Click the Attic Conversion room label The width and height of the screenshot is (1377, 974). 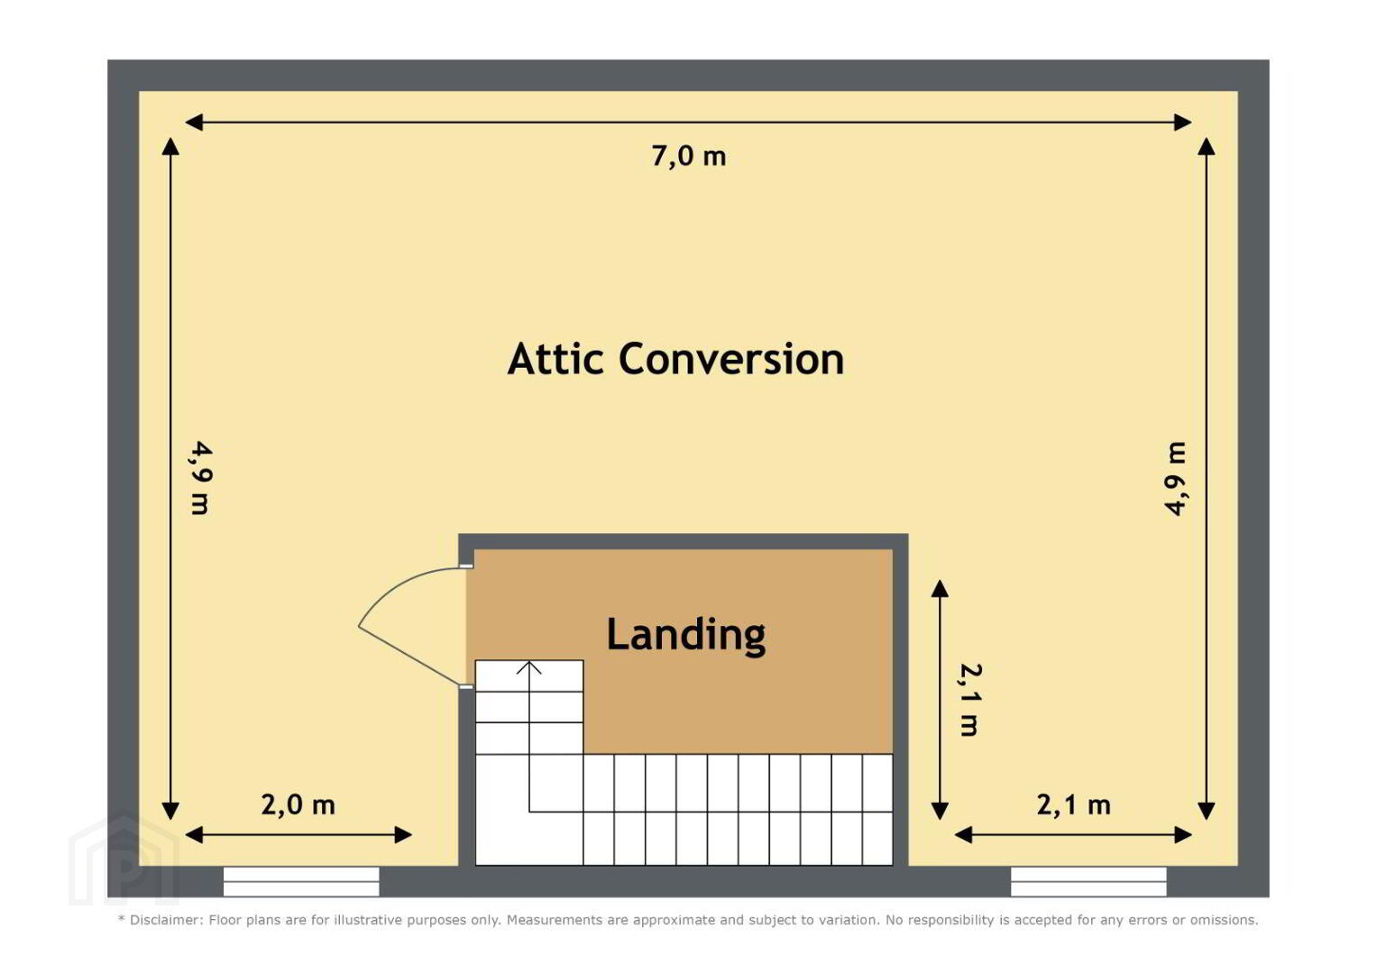[675, 359]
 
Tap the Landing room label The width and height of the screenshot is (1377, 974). [686, 635]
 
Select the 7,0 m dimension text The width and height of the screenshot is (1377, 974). [689, 155]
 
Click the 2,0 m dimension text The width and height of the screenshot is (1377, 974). [298, 804]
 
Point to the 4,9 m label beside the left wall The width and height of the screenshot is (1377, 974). [201, 478]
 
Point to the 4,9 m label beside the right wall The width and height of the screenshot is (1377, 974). [1175, 478]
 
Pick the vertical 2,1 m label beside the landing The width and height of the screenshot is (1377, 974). [970, 700]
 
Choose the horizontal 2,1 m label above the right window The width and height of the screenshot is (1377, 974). [1074, 804]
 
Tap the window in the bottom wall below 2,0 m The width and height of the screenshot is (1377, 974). [301, 882]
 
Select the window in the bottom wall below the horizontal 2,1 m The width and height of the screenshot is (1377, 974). [1088, 882]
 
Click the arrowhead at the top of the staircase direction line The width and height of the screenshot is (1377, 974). [528, 667]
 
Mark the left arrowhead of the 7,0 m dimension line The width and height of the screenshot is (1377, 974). [194, 123]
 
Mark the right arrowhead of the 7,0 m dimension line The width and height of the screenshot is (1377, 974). [1183, 123]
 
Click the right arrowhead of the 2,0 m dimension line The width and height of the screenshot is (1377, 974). [403, 835]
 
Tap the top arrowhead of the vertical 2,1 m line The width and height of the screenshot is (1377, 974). [940, 588]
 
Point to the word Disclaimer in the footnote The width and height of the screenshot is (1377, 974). [166, 920]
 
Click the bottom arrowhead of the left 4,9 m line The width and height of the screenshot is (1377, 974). [170, 811]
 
